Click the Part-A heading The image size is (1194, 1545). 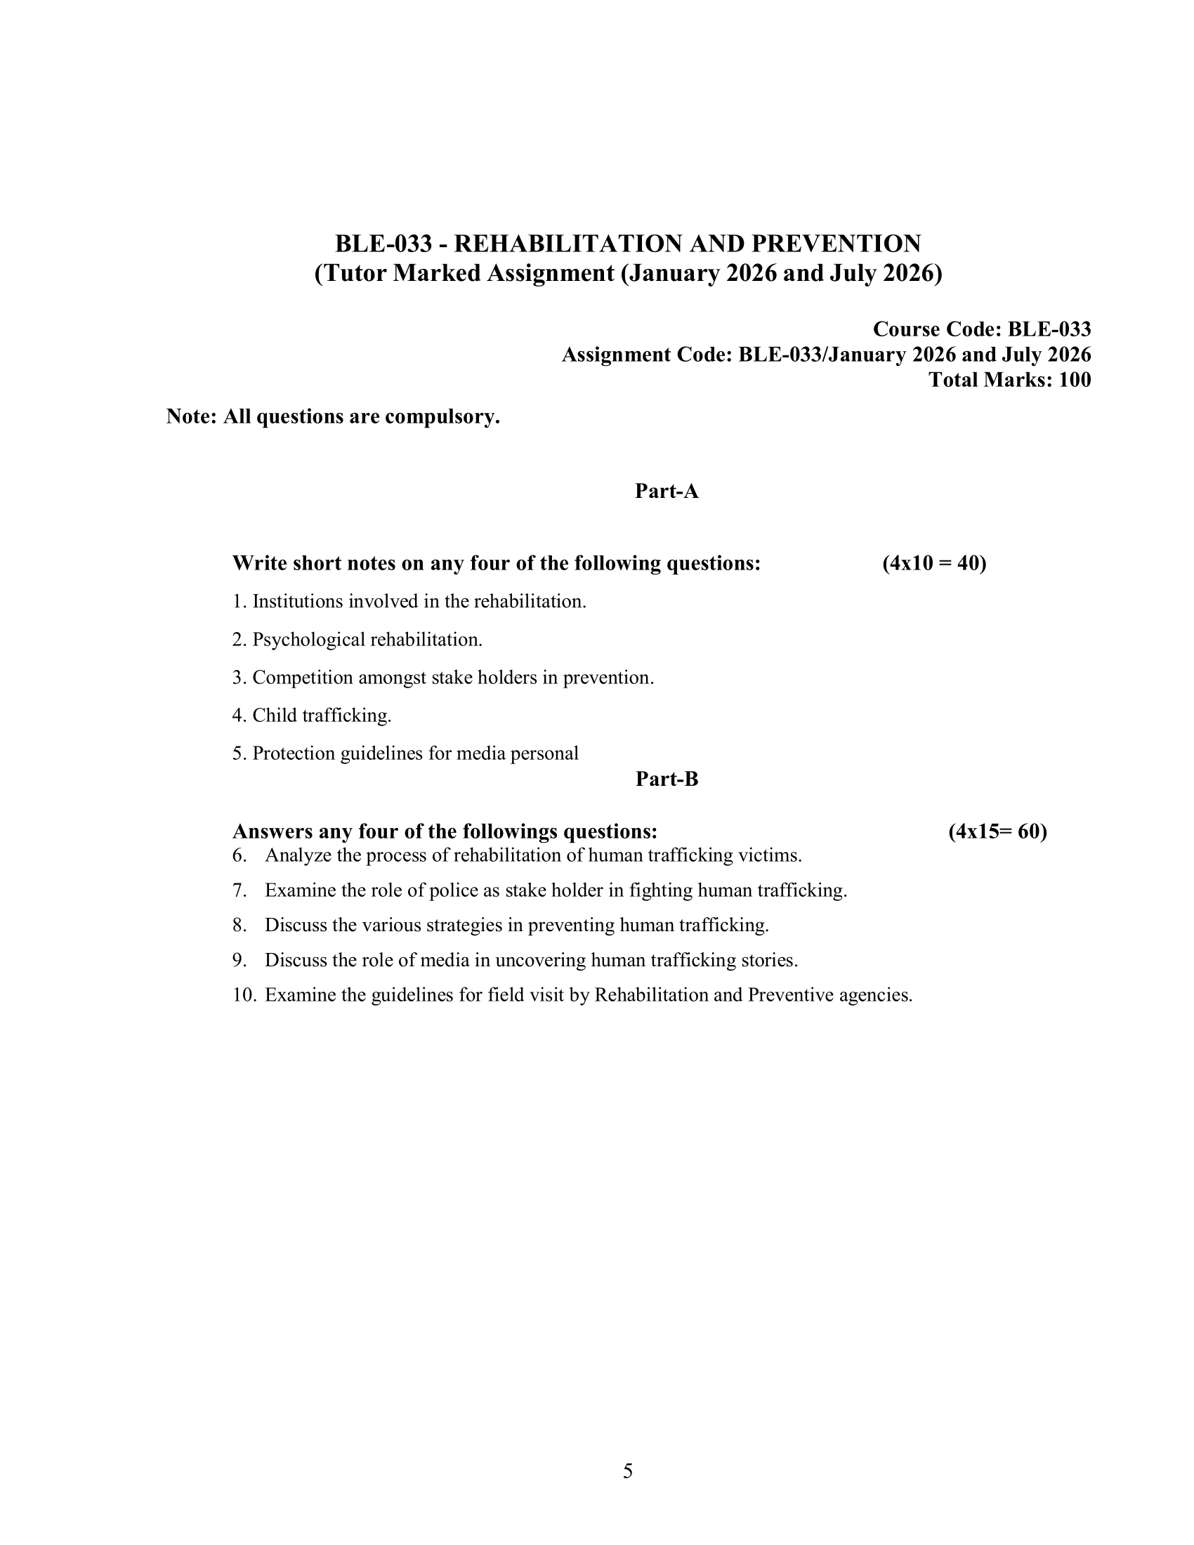coord(667,491)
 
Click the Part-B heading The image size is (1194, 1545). coord(667,779)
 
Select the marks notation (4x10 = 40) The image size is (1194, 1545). coord(933,563)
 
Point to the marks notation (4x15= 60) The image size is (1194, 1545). coord(997,831)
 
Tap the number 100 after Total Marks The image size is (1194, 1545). coord(1075,380)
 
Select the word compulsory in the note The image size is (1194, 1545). coord(442,416)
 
